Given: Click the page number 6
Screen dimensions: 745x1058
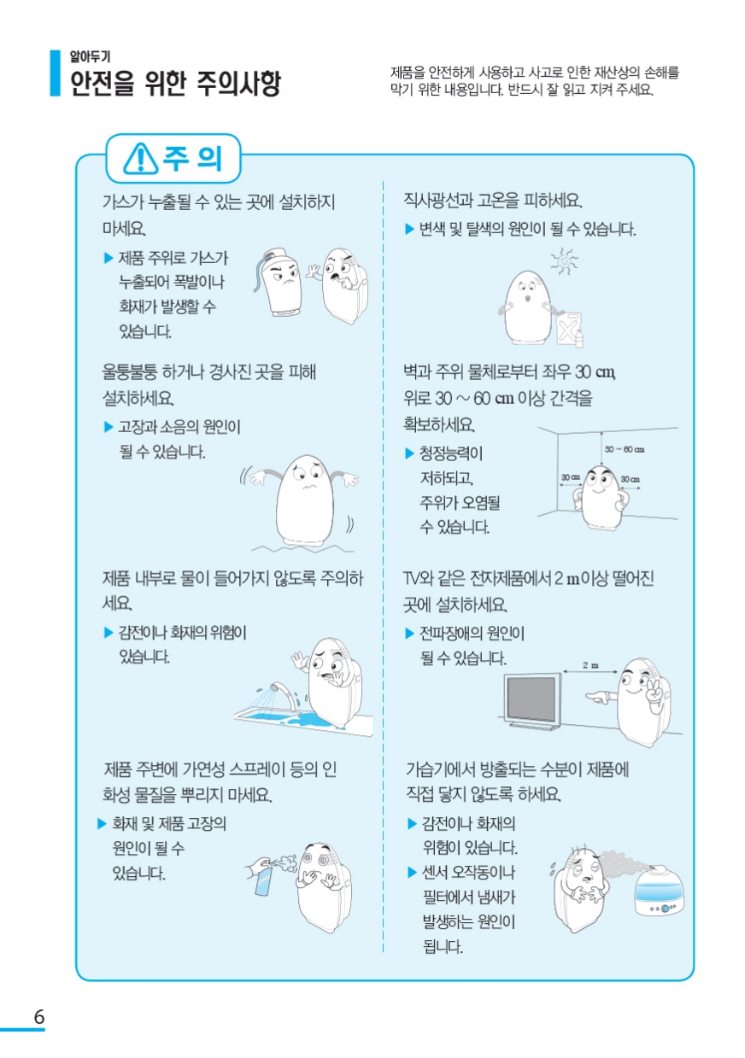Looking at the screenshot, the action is click(x=39, y=1016).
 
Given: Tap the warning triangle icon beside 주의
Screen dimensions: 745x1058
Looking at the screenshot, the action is click(x=140, y=158).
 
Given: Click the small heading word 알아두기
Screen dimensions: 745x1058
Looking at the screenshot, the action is click(x=90, y=56).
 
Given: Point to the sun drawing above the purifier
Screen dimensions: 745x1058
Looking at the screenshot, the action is click(x=564, y=261).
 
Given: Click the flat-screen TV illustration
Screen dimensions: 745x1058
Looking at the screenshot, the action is click(x=532, y=700).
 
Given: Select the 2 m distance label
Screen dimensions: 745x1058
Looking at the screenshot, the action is click(x=590, y=665).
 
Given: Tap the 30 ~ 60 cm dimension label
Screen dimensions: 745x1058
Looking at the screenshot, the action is click(x=624, y=449).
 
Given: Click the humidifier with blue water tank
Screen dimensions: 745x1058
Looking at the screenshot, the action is click(x=659, y=891).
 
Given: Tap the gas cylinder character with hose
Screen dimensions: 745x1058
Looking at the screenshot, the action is click(x=278, y=282).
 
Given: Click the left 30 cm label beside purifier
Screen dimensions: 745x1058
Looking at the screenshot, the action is click(x=570, y=477).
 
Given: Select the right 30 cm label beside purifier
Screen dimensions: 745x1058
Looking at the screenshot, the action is click(x=631, y=479).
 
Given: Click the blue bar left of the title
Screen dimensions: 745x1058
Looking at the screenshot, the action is click(x=56, y=73).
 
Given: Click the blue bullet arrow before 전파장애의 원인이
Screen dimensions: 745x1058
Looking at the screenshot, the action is click(x=410, y=634).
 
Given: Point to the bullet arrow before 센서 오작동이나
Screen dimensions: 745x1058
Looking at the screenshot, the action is click(x=412, y=872).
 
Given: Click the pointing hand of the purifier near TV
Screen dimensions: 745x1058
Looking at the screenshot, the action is click(x=598, y=696).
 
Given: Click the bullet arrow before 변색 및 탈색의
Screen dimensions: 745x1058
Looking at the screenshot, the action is click(x=410, y=229).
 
